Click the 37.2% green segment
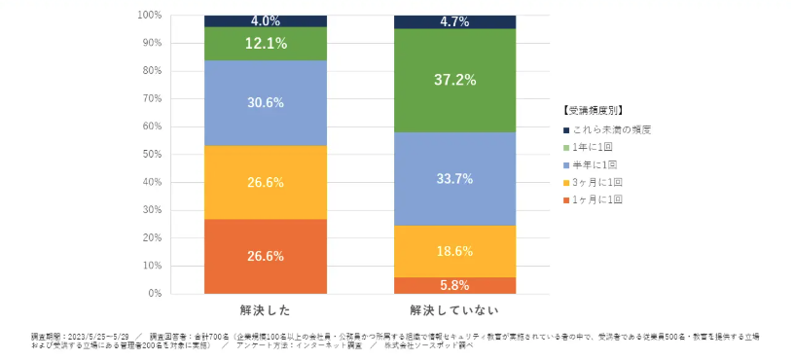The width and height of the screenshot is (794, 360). click(454, 80)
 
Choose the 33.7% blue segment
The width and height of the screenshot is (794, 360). click(454, 178)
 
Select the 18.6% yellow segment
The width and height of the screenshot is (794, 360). click(454, 251)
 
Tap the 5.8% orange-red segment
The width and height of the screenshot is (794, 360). click(454, 285)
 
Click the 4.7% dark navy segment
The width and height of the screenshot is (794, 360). click(454, 21)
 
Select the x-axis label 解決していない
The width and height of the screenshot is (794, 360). click(454, 310)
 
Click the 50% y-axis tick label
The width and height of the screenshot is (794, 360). click(152, 154)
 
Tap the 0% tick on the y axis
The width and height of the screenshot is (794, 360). click(155, 293)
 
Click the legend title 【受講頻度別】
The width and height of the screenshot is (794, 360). click(593, 110)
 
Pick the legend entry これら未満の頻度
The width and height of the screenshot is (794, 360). click(608, 129)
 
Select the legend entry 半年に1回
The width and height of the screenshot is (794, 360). click(596, 164)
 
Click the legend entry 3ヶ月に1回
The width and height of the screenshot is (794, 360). click(598, 182)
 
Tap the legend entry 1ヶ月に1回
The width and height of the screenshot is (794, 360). click(598, 199)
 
